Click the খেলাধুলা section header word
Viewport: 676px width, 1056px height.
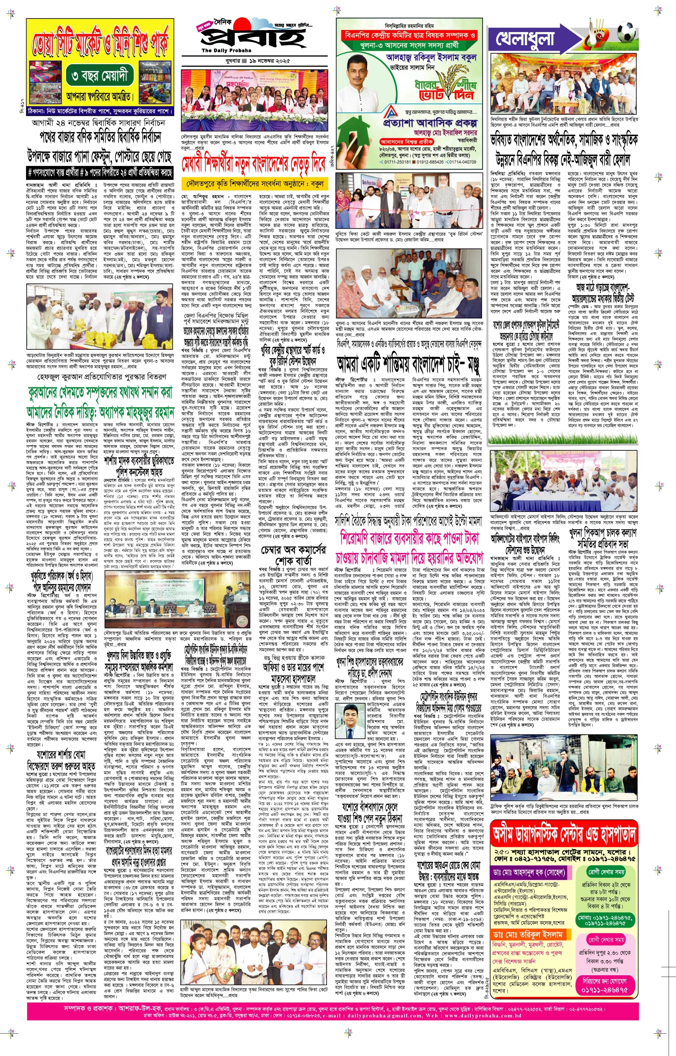[x=525, y=39]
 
